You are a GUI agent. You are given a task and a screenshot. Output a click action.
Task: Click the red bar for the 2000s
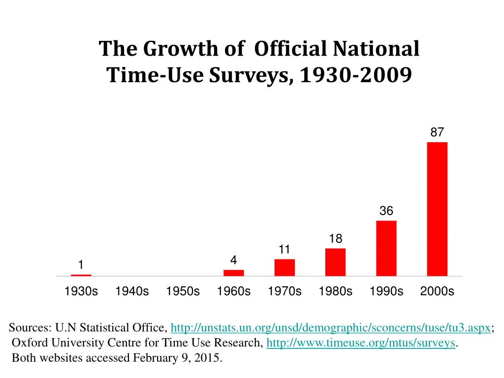click(x=437, y=209)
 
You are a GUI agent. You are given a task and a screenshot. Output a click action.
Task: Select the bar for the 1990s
click(x=386, y=248)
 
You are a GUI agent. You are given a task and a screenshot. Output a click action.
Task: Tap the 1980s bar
click(x=335, y=262)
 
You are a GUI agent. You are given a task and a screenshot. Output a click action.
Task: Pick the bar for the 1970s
click(x=284, y=267)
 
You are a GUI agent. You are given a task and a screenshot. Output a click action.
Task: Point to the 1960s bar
click(x=234, y=273)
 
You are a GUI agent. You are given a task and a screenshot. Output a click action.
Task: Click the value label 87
click(x=437, y=132)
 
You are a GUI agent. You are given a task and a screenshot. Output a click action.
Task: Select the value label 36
click(x=386, y=211)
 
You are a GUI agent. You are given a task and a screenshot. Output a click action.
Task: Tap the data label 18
click(x=335, y=239)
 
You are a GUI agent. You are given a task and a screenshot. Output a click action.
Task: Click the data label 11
click(x=284, y=250)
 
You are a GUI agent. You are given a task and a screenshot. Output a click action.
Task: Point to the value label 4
click(x=234, y=260)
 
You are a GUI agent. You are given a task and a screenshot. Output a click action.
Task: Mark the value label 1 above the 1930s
click(x=81, y=265)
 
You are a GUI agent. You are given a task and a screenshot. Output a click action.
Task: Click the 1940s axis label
click(x=132, y=291)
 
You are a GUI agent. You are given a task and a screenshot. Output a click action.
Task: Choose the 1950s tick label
click(x=183, y=291)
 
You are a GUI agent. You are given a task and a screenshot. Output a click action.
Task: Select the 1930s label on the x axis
click(x=81, y=291)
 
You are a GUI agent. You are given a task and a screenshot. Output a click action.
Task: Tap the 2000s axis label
click(x=437, y=291)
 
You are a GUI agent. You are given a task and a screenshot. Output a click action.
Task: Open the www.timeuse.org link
click(x=361, y=343)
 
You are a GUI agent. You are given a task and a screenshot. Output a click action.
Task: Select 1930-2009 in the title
click(x=355, y=75)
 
